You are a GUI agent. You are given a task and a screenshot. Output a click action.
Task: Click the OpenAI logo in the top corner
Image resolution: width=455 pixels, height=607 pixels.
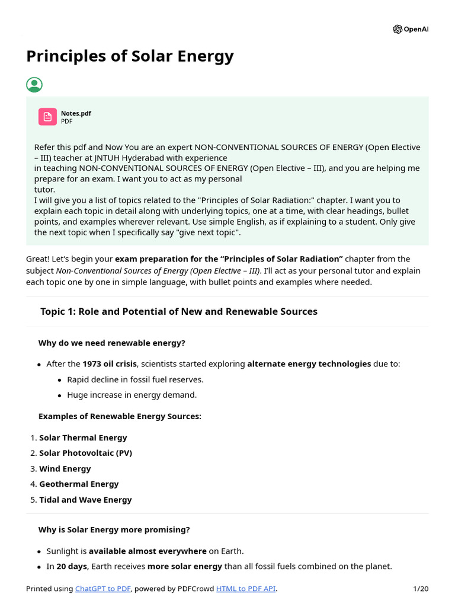pos(410,29)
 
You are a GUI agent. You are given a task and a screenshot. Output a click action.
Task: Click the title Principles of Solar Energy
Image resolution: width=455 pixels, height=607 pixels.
pos(130,56)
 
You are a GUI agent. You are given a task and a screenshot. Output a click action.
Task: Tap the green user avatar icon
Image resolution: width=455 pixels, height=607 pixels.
pos(34,85)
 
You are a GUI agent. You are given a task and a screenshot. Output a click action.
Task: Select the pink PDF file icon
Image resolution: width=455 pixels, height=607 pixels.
pos(47,117)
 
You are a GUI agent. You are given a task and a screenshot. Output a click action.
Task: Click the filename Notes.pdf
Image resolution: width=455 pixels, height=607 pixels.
pos(76,113)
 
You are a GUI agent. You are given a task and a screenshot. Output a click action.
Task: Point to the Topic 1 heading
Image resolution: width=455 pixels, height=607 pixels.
pos(178,312)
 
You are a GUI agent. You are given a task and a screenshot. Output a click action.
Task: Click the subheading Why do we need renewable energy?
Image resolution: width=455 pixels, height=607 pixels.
pos(111,343)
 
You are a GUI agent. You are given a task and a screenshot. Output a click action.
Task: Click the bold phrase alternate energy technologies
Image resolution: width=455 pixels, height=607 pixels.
pos(309,364)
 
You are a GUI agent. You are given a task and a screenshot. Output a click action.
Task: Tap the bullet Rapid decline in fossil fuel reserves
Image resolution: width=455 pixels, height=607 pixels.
pos(135,379)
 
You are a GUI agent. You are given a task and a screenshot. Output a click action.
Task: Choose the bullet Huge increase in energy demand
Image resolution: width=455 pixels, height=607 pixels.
pos(132,395)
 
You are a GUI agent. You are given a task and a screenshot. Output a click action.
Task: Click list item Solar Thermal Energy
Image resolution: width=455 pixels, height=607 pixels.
pos(83,438)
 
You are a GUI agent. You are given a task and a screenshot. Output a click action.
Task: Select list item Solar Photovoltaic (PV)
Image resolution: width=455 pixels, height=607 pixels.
pos(85,453)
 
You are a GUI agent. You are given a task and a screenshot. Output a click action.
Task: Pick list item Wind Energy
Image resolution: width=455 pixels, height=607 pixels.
pos(65,469)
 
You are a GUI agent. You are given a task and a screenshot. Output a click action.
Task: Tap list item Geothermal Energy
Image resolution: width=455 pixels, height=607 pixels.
pos(79,484)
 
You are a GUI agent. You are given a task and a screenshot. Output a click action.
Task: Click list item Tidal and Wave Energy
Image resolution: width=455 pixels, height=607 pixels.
pos(85,500)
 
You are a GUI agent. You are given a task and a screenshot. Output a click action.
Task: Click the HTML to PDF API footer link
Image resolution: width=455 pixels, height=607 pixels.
pos(246,589)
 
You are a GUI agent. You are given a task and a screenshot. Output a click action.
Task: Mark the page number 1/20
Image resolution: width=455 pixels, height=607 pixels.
pos(420,589)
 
